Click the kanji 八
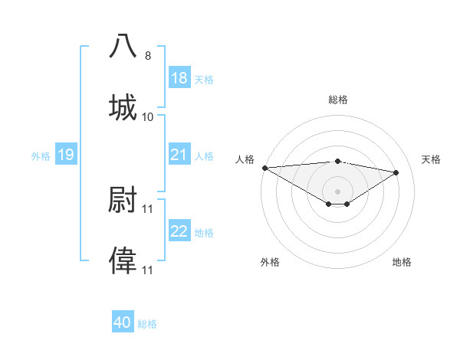click(123, 46)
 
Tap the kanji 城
click(123, 107)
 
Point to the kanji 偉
click(123, 260)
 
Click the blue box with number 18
click(179, 78)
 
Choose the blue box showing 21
click(179, 155)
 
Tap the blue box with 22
click(179, 231)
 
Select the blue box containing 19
click(65, 155)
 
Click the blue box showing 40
click(123, 323)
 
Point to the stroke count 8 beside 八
click(148, 56)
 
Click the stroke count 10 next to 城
click(148, 117)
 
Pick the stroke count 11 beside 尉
click(148, 208)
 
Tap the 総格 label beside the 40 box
click(147, 324)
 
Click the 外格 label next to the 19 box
click(41, 156)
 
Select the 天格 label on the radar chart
click(432, 159)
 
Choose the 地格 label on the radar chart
click(402, 262)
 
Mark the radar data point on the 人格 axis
click(264, 168)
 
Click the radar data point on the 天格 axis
click(396, 172)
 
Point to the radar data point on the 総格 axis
click(337, 161)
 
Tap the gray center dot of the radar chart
click(337, 191)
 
